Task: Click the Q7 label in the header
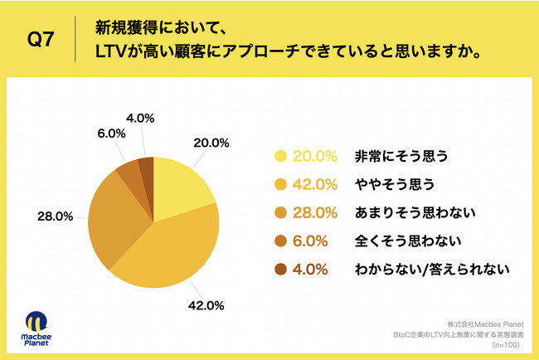click(x=42, y=39)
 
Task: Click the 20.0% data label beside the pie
click(x=210, y=142)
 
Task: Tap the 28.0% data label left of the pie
click(x=55, y=216)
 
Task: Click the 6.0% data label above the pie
click(x=110, y=133)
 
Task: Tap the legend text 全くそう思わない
click(x=396, y=241)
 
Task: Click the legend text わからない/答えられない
click(x=429, y=270)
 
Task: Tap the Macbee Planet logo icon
click(x=36, y=324)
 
